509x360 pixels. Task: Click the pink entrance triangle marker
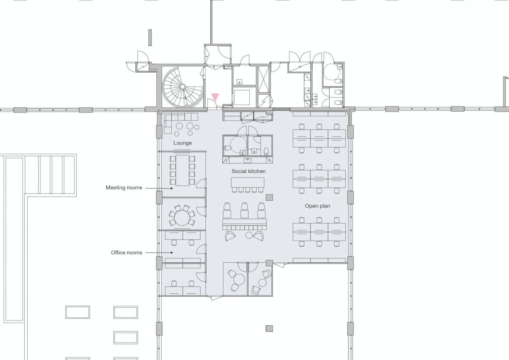click(x=215, y=97)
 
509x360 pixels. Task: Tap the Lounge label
click(x=182, y=143)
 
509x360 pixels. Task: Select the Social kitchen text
click(x=249, y=171)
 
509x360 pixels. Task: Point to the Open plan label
click(x=317, y=206)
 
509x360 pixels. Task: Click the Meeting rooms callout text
click(x=124, y=188)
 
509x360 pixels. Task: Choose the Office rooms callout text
click(x=126, y=253)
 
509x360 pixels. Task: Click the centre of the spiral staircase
click(x=182, y=87)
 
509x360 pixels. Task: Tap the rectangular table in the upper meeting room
click(x=182, y=170)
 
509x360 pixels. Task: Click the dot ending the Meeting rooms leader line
click(x=171, y=188)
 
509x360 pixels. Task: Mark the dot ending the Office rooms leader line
click(x=171, y=253)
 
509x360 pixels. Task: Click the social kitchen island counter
click(x=248, y=183)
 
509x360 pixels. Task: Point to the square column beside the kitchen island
click(x=269, y=197)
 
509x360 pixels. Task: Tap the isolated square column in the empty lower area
click(x=269, y=329)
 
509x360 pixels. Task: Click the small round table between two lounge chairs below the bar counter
click(x=249, y=235)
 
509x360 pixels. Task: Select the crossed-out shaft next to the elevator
click(x=263, y=79)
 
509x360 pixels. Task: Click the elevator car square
click(x=241, y=98)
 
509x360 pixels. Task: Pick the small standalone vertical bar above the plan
click(x=150, y=37)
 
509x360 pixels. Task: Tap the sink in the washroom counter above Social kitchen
click(x=247, y=160)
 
